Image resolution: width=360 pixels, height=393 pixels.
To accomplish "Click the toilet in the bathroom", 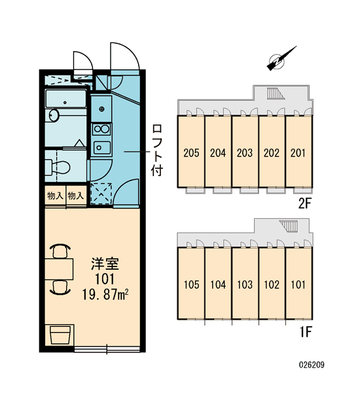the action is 58,167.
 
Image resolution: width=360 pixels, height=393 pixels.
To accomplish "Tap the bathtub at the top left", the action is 66,99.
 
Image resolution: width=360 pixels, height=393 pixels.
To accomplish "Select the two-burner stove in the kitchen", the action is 101,129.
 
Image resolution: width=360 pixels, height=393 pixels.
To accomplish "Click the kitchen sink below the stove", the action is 101,147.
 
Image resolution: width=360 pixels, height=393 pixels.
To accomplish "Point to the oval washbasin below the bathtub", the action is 54,115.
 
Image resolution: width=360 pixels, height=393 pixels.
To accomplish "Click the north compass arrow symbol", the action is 281,59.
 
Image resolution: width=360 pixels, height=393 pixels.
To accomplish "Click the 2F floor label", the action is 304,204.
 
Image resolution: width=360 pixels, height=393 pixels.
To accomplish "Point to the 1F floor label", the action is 306,332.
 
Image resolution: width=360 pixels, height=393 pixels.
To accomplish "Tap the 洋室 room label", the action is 105,264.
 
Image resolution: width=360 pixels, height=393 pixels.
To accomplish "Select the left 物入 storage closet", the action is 55,196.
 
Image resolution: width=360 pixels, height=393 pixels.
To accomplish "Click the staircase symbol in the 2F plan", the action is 276,94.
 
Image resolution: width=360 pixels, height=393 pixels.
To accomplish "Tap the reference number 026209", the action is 312,365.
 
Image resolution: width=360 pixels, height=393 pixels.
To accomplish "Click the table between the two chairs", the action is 59,269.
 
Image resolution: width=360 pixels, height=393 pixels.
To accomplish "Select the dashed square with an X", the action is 101,193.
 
